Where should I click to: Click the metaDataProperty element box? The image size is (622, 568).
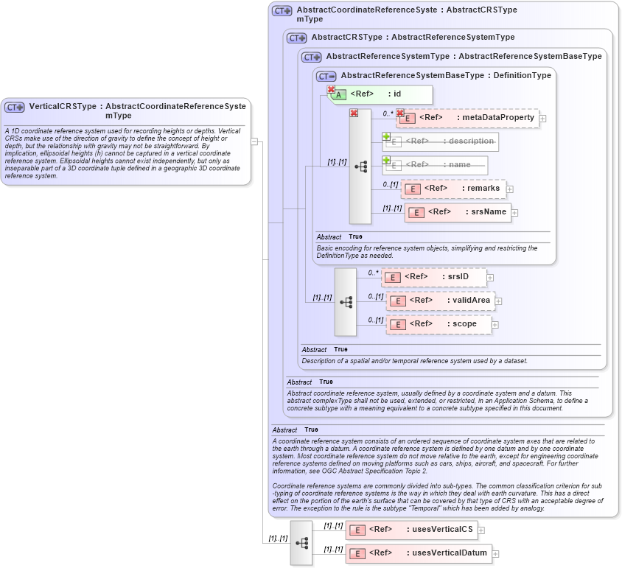click(x=467, y=118)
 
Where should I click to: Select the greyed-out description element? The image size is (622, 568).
click(x=440, y=141)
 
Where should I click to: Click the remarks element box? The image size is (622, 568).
click(x=452, y=189)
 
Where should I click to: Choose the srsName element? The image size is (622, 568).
click(x=458, y=212)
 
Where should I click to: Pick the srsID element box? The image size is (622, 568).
click(x=433, y=277)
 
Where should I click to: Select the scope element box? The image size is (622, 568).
click(x=438, y=324)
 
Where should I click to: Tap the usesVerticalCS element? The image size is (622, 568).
click(x=411, y=529)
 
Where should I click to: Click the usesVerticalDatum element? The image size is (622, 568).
click(x=417, y=553)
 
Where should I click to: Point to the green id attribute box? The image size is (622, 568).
click(x=380, y=94)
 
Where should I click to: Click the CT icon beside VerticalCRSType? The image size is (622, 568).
click(x=15, y=107)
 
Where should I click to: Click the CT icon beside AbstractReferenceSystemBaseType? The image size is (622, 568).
click(x=326, y=76)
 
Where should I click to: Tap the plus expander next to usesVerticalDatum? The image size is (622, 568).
click(x=495, y=554)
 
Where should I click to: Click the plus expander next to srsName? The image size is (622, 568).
click(x=515, y=213)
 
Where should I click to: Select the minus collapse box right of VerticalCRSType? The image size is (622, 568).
click(x=254, y=141)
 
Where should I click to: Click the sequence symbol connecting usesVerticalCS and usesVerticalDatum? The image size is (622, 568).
click(x=301, y=542)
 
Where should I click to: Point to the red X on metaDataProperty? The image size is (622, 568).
click(x=401, y=113)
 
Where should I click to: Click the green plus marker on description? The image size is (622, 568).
click(x=386, y=136)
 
